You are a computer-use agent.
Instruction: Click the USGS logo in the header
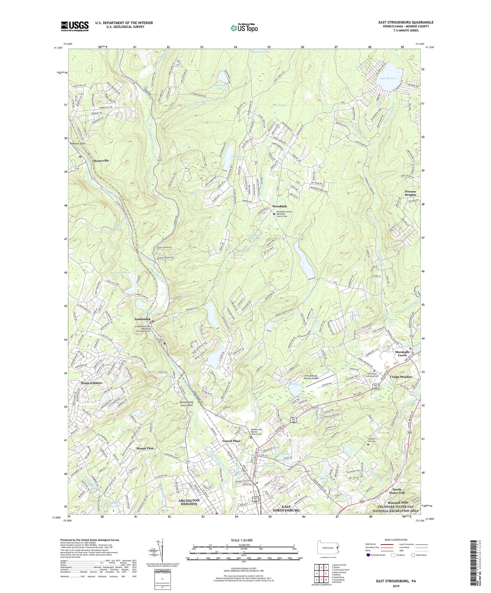point(75,26)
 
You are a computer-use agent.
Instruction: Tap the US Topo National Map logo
point(244,28)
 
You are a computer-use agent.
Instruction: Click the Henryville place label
point(101,161)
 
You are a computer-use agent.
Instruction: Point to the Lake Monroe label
point(388,78)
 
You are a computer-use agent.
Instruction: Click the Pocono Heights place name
point(410,193)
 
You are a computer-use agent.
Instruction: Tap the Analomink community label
point(142,319)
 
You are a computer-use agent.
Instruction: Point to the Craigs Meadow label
point(401,377)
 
